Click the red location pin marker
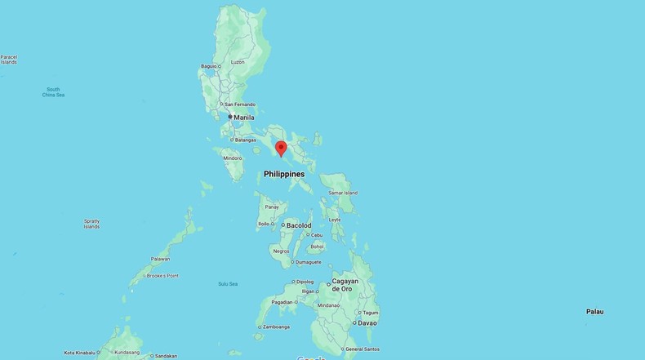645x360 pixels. point(281,149)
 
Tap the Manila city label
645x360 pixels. point(244,118)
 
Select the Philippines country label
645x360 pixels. point(284,174)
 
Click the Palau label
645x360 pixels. point(594,312)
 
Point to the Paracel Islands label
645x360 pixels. point(9,60)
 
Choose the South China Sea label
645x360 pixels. point(53,92)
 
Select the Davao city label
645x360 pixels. point(367,322)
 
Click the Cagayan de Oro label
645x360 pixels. point(345,284)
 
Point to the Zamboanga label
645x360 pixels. point(274,327)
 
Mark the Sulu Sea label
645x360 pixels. point(228,283)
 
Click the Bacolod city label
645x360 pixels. point(297,224)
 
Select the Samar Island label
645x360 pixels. point(342,193)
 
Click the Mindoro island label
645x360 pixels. point(232,158)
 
